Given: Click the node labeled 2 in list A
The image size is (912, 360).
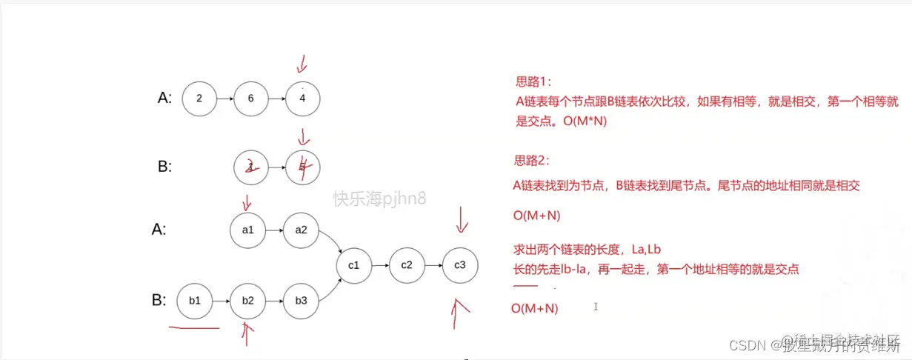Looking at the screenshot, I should (199, 99).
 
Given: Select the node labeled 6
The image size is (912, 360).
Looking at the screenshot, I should (251, 99).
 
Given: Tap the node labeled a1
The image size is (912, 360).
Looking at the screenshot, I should (247, 230).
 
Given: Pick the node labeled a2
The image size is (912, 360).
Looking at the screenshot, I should (301, 230).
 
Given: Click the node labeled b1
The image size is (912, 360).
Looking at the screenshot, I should (195, 301).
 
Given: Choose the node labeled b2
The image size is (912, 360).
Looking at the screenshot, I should (247, 301).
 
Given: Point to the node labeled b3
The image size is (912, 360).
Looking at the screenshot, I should (301, 301).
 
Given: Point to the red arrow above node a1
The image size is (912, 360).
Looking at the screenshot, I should (247, 201).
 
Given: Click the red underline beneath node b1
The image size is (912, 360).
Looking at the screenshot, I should (194, 327).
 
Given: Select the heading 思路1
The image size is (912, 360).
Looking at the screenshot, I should (534, 81).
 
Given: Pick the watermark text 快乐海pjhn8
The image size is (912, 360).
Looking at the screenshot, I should (379, 199).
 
